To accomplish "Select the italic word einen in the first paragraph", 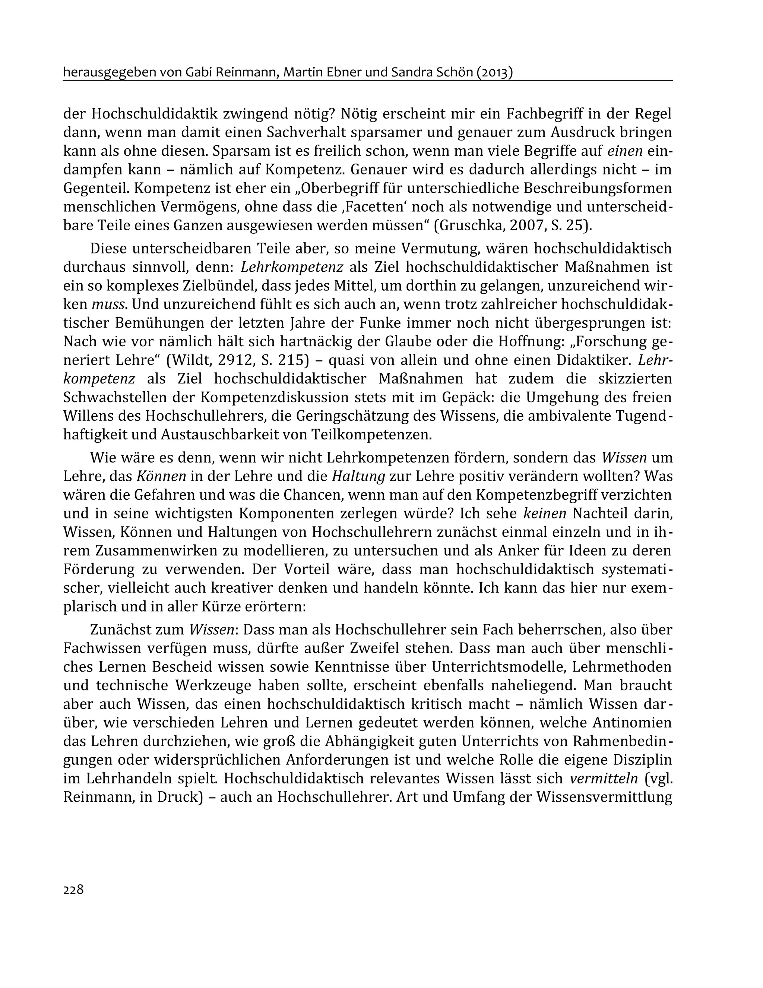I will click(x=625, y=151).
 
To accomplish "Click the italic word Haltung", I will click(x=358, y=476).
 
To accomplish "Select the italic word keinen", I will click(x=545, y=514).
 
